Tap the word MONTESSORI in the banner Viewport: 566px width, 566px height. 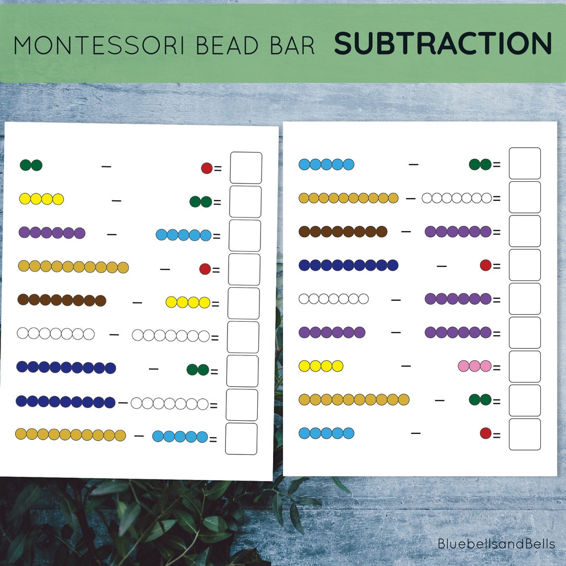pos(98,45)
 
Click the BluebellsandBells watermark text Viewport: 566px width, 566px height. pos(496,543)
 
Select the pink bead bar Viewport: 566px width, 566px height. pos(474,366)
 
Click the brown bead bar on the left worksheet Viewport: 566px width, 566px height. pos(62,300)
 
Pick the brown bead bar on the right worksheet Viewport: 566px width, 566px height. pos(343,231)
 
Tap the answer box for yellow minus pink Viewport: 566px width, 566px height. pos(525,366)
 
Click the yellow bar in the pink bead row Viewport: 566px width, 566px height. pos(321,366)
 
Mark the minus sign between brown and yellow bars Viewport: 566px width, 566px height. pos(137,302)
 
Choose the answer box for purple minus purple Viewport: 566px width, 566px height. pos(525,332)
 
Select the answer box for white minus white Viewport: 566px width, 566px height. pos(243,337)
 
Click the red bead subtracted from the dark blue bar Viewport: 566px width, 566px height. pos(485,265)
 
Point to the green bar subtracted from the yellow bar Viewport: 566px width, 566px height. pos(201,202)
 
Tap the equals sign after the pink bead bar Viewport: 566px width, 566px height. pos(496,368)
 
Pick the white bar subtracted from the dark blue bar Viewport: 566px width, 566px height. pos(170,404)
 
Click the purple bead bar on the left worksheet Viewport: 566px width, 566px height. pos(51,233)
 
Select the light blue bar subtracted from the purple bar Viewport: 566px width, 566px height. pos(183,235)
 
